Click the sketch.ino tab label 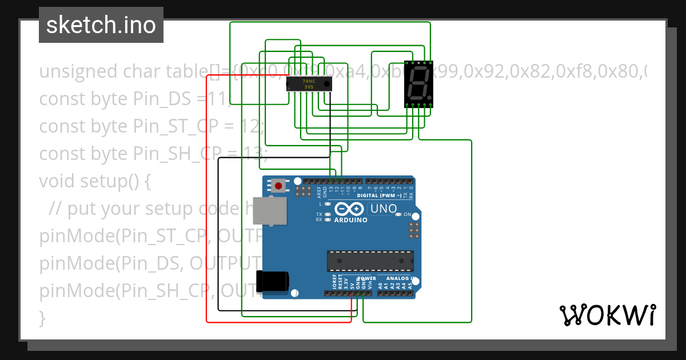[x=101, y=25]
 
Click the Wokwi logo [x=607, y=315]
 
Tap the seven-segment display [x=418, y=84]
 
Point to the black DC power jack [x=273, y=281]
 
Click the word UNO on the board [x=384, y=209]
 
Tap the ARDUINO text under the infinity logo [x=350, y=220]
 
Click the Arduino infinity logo [x=350, y=209]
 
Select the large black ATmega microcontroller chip [x=370, y=261]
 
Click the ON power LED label [x=408, y=215]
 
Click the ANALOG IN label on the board [x=395, y=279]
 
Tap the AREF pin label [x=319, y=192]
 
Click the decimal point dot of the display [x=429, y=95]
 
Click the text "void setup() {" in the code [x=94, y=181]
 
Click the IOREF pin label [x=334, y=280]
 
